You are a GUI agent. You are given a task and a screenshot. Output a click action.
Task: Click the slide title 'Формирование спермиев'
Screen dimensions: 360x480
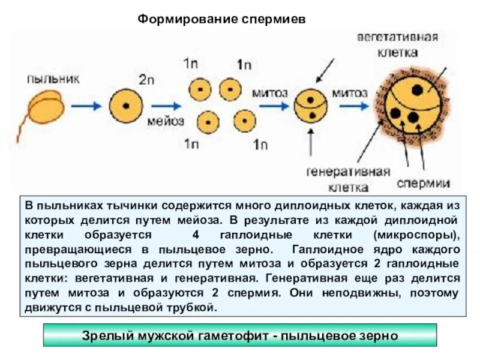(x=222, y=20)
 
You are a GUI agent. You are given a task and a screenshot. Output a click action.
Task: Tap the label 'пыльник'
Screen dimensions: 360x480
(x=52, y=78)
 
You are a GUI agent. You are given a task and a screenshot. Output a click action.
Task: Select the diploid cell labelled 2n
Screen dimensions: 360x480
(x=125, y=106)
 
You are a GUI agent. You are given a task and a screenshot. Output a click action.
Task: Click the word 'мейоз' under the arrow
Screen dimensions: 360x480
(x=161, y=120)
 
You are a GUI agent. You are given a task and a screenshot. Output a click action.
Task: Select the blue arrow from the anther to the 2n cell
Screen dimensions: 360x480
(x=86, y=106)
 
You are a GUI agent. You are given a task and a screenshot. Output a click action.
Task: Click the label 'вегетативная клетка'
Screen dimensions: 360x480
(x=398, y=44)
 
